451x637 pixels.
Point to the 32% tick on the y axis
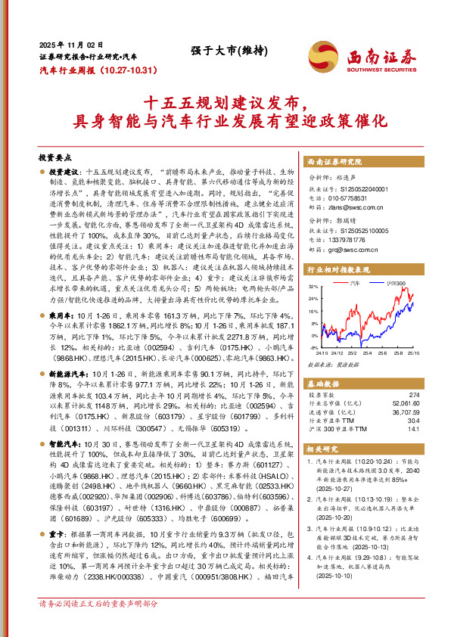[313, 287]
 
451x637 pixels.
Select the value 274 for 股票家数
[413, 394]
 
